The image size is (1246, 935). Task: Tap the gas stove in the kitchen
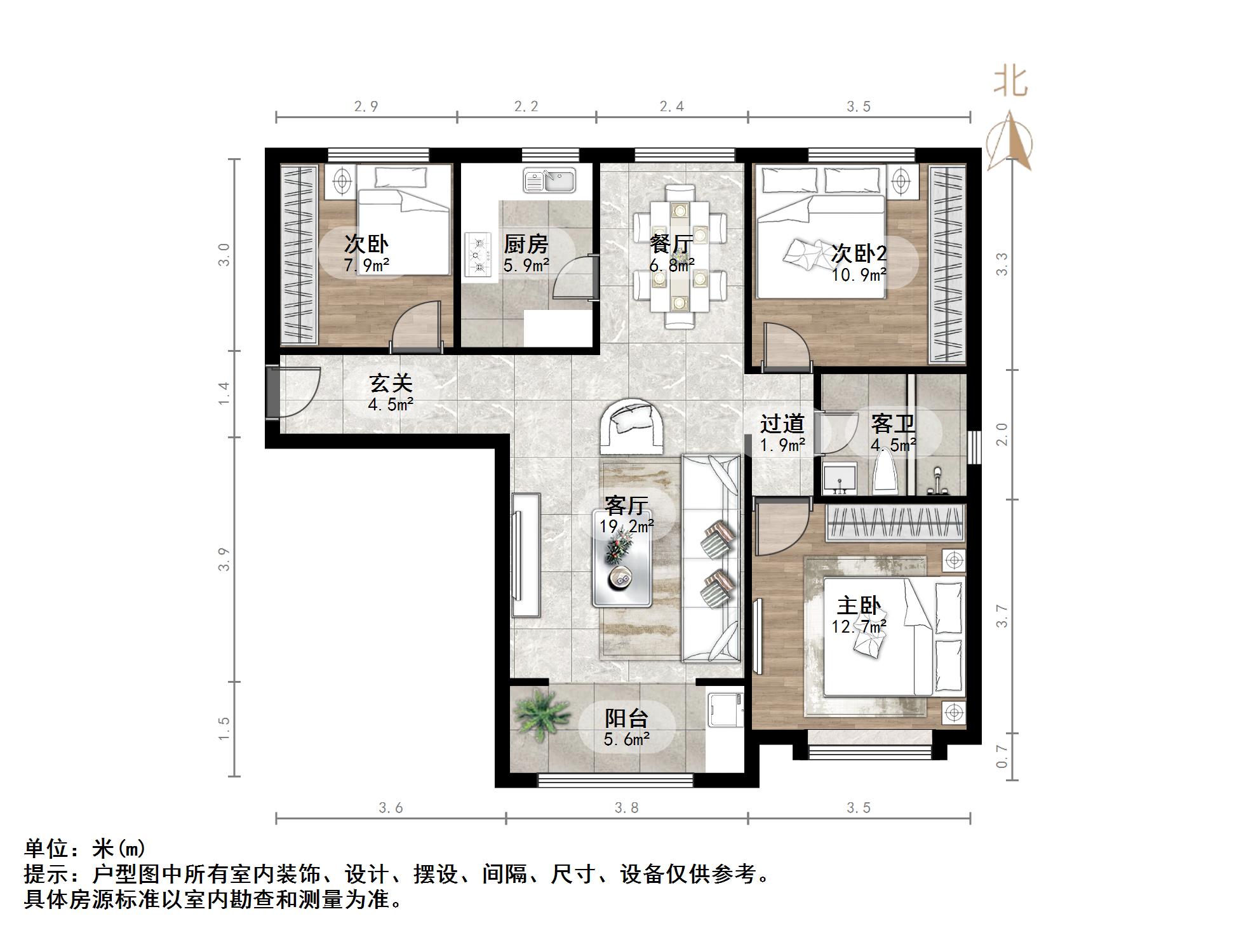coord(478,255)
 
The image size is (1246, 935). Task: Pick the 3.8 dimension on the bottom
coord(626,807)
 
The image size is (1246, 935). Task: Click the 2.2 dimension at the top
coord(526,106)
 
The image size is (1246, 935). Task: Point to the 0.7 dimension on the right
coord(1001,756)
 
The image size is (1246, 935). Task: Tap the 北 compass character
coord(1010,83)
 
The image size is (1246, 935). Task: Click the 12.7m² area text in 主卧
coord(859,627)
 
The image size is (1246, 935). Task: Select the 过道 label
coord(782,424)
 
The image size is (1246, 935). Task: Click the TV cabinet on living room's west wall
coord(526,555)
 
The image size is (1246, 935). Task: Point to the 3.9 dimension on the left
coord(224,559)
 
